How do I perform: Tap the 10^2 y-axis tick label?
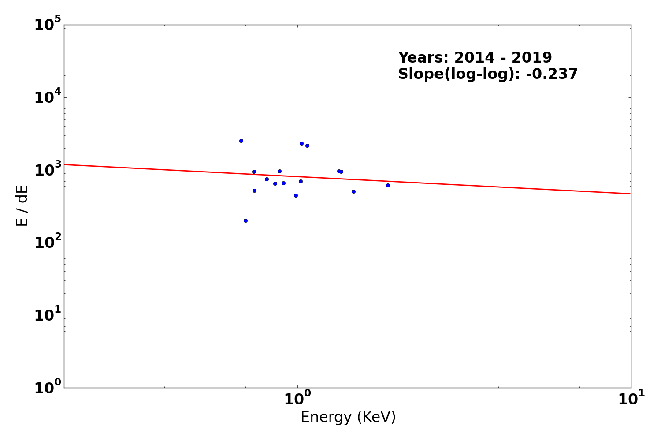click(x=48, y=242)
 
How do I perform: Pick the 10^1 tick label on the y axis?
click(x=48, y=314)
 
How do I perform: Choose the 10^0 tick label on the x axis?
click(x=297, y=399)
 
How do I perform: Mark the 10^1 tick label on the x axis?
click(x=631, y=399)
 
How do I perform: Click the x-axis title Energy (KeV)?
click(x=348, y=417)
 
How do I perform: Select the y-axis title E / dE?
click(x=22, y=206)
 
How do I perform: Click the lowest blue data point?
click(x=245, y=220)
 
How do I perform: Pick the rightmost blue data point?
click(x=388, y=185)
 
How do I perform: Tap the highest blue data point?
click(x=241, y=141)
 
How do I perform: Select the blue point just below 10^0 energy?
click(x=296, y=195)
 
